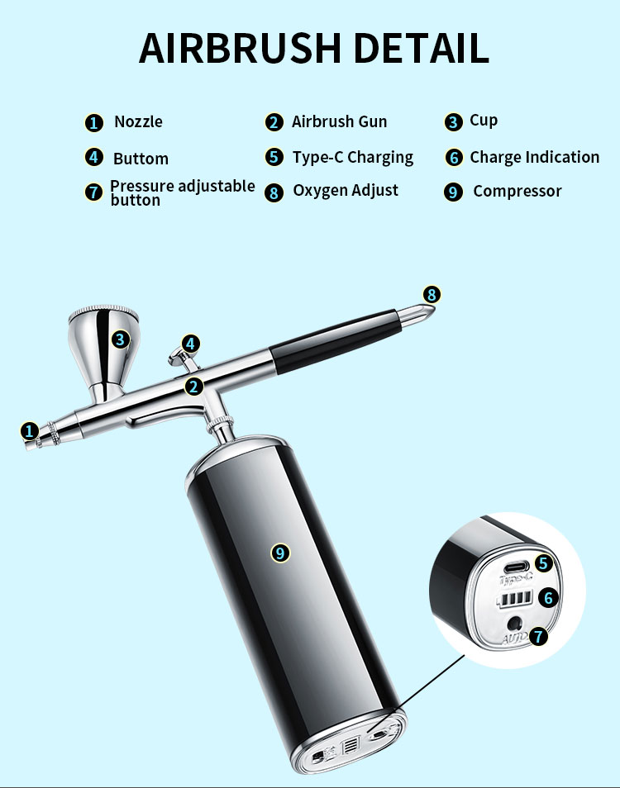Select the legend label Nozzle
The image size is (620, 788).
coord(138,122)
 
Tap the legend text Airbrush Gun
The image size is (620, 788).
coord(339,122)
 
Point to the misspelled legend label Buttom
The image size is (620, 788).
coord(141,159)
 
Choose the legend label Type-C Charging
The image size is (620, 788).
coord(352,157)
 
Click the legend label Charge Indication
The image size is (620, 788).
coord(534,157)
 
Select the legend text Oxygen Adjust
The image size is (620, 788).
coord(346,191)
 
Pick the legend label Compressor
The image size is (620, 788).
coord(517,192)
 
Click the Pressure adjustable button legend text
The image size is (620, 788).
coord(182,192)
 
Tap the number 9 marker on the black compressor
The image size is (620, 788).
coord(281,553)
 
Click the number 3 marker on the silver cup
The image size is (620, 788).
coord(121,339)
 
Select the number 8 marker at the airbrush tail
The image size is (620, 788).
coord(432,295)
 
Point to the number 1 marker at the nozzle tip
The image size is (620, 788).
coord(30,430)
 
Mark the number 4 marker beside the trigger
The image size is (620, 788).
coord(191,344)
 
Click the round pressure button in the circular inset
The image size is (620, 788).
coord(516,624)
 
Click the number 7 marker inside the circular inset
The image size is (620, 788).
coord(539,636)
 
